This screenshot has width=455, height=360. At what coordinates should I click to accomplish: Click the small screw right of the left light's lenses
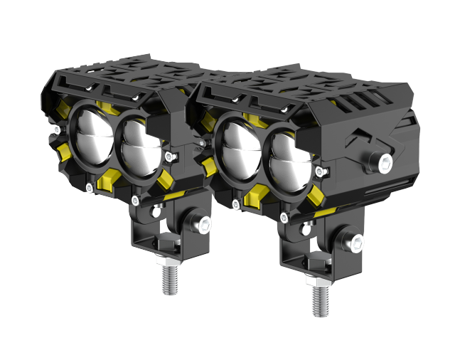168,156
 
